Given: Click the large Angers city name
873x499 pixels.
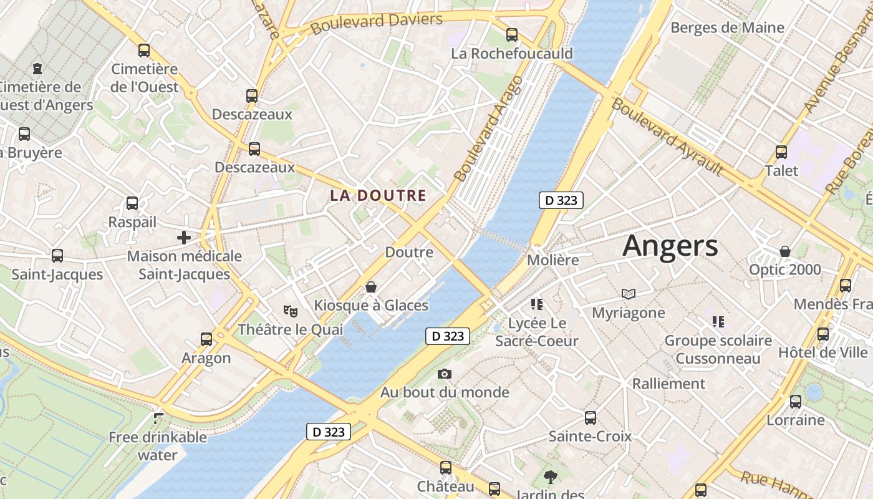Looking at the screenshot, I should [x=670, y=245].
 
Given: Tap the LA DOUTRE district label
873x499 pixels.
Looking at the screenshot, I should [x=378, y=195].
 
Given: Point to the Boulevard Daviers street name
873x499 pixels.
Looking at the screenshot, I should [x=376, y=23].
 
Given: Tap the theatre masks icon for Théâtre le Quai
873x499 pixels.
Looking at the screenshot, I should [x=290, y=310].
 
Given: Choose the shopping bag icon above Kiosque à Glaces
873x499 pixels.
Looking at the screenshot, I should [x=371, y=287].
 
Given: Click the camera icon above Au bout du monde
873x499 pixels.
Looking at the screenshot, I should [x=445, y=374].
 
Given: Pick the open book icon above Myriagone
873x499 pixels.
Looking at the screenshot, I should [x=628, y=294].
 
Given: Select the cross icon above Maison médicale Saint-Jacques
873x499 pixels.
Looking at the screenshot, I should [x=184, y=238].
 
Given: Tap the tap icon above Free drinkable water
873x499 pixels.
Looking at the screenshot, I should [x=158, y=418].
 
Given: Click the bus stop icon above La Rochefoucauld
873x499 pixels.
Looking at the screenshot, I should [x=512, y=35].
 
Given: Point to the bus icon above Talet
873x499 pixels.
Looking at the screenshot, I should [x=781, y=152].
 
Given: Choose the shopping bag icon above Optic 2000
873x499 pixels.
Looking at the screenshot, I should [x=785, y=251].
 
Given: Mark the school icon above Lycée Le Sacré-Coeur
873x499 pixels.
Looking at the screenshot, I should [x=537, y=304].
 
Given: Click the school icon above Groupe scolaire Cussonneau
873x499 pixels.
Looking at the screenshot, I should [x=718, y=322].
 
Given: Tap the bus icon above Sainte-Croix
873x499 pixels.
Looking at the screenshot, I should [x=591, y=418].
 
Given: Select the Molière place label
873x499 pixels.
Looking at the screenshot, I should [x=553, y=259].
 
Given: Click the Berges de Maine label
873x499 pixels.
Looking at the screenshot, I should [x=727, y=27].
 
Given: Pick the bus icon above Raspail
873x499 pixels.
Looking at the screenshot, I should [x=132, y=203].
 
